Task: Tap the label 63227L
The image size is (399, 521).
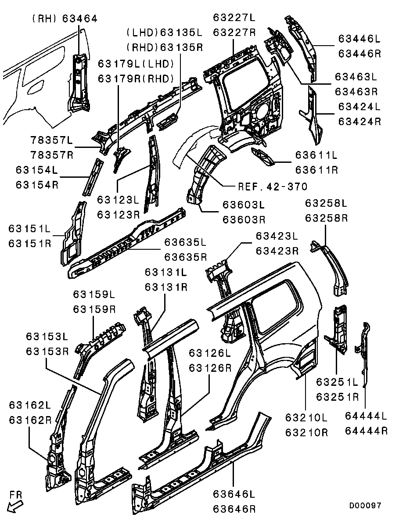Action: click(234, 18)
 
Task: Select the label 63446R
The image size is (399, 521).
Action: click(359, 54)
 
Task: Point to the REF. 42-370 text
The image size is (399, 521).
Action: click(272, 186)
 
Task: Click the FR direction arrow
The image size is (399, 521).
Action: click(16, 505)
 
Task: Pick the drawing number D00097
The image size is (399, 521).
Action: click(365, 506)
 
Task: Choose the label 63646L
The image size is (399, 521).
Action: click(234, 495)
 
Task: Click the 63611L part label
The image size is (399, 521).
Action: click(316, 155)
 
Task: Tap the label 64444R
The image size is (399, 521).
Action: click(366, 431)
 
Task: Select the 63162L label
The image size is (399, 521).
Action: click(30, 404)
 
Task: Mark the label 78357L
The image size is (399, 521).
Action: click(52, 140)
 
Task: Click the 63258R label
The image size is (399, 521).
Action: click(327, 218)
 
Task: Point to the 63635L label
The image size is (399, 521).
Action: click(185, 242)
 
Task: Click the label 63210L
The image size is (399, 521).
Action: click(306, 417)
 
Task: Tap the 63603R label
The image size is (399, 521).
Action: click(244, 219)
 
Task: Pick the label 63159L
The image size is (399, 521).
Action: click(94, 294)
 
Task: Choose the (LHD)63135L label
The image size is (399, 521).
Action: click(164, 32)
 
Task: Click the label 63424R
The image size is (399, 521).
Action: click(359, 122)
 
